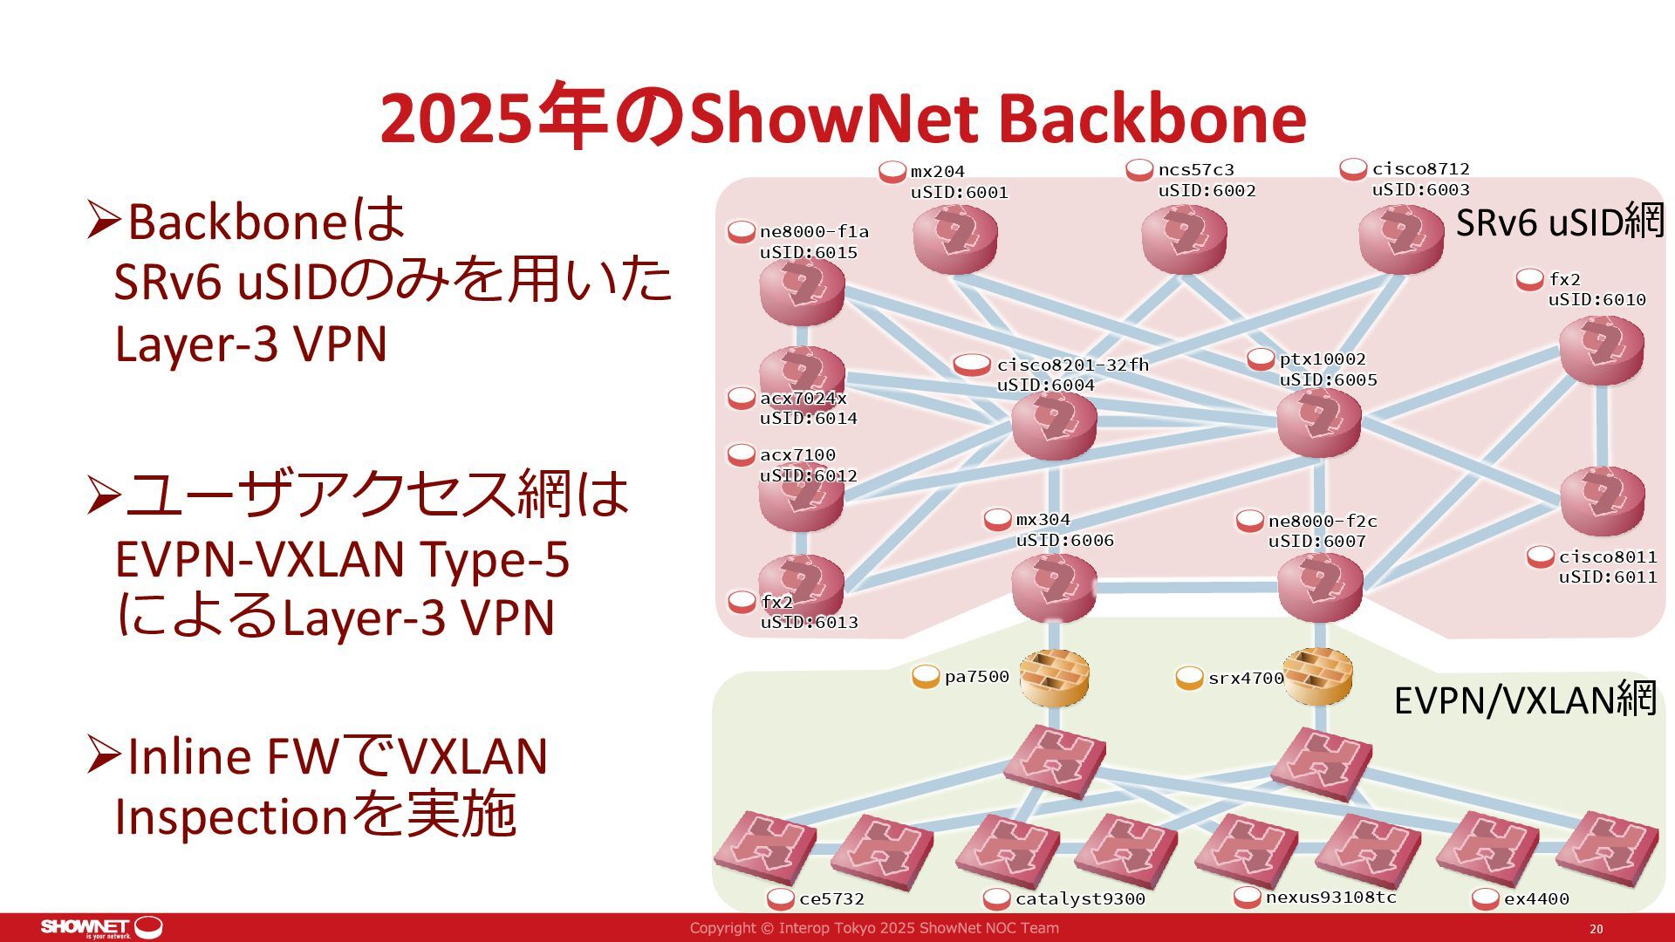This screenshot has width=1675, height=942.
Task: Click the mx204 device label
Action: (x=937, y=172)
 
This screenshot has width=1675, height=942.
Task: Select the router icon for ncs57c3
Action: (x=1184, y=238)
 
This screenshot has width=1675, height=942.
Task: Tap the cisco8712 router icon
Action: (x=1401, y=238)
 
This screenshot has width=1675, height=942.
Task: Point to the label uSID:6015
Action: (x=809, y=253)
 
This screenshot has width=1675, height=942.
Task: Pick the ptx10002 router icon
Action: (x=1318, y=422)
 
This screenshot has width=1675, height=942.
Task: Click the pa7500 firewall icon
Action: (x=1055, y=678)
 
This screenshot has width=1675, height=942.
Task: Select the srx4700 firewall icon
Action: (x=1317, y=678)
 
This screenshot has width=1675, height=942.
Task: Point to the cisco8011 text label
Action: (x=1608, y=556)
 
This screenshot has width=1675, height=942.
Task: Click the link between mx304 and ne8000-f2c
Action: (x=1186, y=587)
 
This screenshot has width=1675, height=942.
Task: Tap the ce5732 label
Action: (x=831, y=898)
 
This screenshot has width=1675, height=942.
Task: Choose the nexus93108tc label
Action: (x=1330, y=898)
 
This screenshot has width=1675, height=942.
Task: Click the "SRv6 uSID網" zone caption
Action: (x=1560, y=223)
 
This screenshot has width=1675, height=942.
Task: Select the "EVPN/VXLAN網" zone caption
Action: (x=1525, y=700)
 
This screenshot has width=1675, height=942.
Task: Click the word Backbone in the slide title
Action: (x=1152, y=119)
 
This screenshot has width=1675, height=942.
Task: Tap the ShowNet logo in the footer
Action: (x=101, y=927)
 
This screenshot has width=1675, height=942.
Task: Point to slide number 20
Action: (x=1596, y=929)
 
